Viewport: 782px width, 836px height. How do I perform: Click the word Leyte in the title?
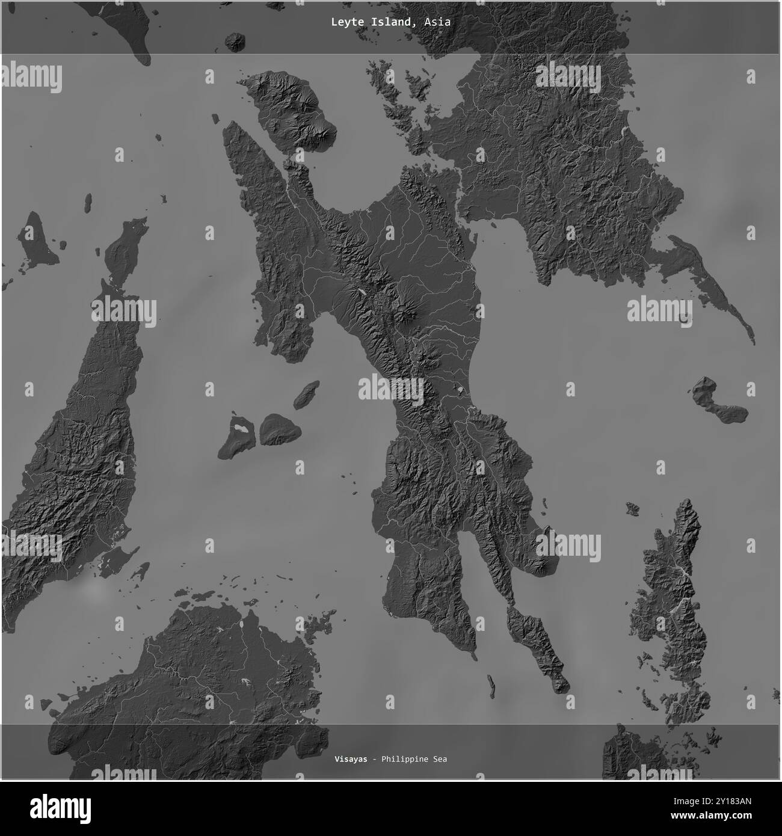[344, 22]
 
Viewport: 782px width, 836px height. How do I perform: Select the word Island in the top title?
[390, 22]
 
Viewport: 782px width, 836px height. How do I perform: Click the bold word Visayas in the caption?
[350, 759]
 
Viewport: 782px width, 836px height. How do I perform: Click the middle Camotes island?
[279, 429]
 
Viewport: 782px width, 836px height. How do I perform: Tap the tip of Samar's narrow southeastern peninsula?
[751, 340]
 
